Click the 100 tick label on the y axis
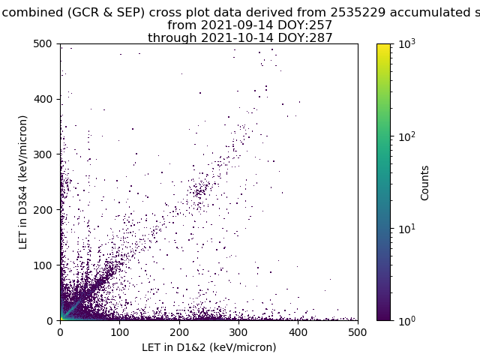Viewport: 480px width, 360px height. pyautogui.click(x=45, y=265)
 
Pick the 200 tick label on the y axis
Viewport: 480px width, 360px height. pyautogui.click(x=45, y=209)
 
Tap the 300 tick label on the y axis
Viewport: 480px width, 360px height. pyautogui.click(x=45, y=154)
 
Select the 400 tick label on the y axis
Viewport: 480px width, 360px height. pyautogui.click(x=45, y=99)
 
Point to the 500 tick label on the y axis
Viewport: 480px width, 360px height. pyautogui.click(x=45, y=43)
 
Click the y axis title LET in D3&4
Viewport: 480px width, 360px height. pyautogui.click(x=23, y=181)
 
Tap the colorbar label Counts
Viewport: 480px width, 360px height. pyautogui.click(x=425, y=182)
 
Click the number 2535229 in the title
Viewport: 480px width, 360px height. pyautogui.click(x=362, y=12)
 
